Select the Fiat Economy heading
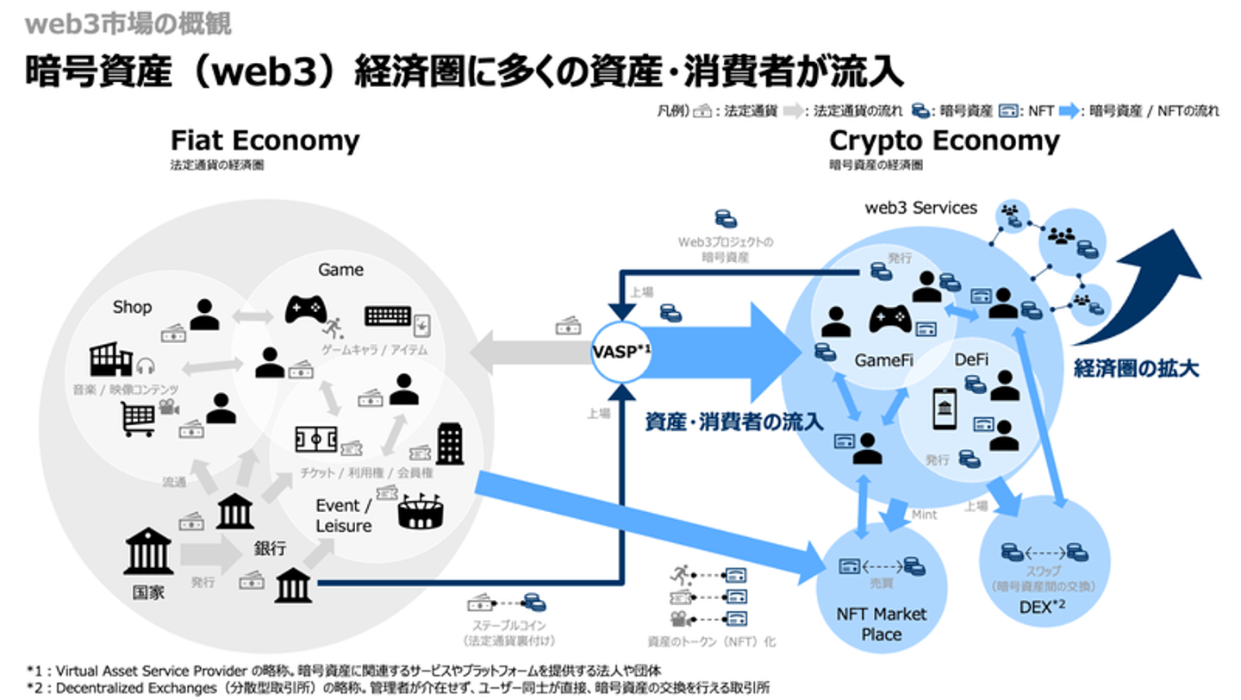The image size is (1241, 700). (265, 141)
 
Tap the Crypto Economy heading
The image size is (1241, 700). (945, 141)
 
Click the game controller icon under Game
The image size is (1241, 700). (306, 309)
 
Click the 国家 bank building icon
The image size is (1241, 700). (148, 552)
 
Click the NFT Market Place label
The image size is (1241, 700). (882, 624)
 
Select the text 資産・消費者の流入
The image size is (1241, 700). (734, 422)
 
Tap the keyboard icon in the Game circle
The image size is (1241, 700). (388, 316)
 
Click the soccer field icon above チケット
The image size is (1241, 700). (315, 440)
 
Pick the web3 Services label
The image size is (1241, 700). (921, 208)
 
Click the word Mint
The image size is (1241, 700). (924, 515)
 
